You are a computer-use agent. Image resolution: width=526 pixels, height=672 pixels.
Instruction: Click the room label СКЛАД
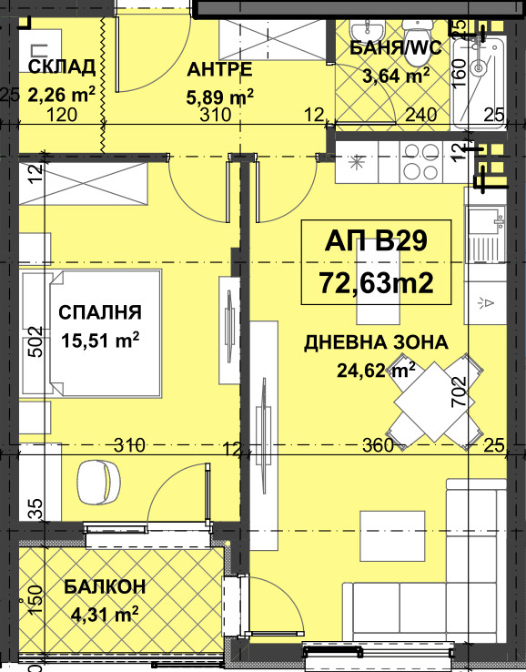pyautogui.click(x=62, y=67)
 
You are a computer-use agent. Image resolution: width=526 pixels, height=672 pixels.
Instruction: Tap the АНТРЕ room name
pyautogui.click(x=219, y=70)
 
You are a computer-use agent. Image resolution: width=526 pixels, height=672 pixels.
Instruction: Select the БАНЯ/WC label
pyautogui.click(x=395, y=47)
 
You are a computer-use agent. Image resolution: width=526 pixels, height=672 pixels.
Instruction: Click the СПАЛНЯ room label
pyautogui.click(x=100, y=312)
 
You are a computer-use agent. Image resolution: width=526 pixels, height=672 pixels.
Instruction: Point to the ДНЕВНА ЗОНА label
pyautogui.click(x=376, y=343)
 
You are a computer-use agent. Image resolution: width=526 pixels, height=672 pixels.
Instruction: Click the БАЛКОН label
pyautogui.click(x=105, y=586)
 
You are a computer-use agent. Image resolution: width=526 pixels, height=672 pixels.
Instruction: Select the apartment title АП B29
pyautogui.click(x=376, y=241)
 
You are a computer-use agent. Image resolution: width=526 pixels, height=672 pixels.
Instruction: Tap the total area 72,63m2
pyautogui.click(x=376, y=282)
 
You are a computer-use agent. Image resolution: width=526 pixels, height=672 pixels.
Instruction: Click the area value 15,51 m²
pyautogui.click(x=100, y=341)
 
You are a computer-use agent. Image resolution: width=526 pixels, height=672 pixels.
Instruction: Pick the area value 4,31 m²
pyautogui.click(x=105, y=615)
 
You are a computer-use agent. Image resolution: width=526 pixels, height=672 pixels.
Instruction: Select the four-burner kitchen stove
pyautogui.click(x=421, y=162)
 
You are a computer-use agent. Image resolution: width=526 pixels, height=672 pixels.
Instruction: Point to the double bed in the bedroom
pyautogui.click(x=105, y=333)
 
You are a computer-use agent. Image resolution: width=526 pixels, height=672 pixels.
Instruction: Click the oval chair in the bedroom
pyautogui.click(x=98, y=482)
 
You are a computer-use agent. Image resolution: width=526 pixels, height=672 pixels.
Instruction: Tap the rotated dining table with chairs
pyautogui.click(x=434, y=402)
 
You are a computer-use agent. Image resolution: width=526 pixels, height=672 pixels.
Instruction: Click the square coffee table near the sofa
pyautogui.click(x=392, y=535)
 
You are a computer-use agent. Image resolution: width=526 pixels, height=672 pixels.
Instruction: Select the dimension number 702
pyautogui.click(x=459, y=392)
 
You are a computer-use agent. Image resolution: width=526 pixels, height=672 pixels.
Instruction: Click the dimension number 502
pyautogui.click(x=36, y=341)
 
